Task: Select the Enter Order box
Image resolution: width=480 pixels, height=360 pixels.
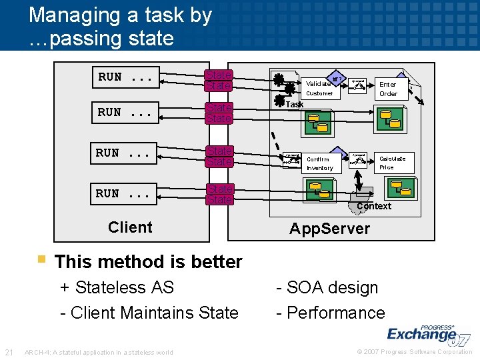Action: (388, 89)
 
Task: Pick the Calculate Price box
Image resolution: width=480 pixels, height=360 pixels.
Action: (391, 163)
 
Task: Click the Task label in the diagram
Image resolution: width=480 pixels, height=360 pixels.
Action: (294, 105)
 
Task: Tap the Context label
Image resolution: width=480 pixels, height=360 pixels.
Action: (374, 206)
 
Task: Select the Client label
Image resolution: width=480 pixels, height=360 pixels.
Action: (130, 227)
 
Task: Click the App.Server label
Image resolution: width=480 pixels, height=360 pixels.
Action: (329, 229)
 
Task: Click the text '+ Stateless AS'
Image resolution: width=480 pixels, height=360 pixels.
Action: (117, 287)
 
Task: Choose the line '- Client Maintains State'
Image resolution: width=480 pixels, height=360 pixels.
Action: (149, 313)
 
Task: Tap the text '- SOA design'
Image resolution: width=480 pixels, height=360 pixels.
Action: (327, 287)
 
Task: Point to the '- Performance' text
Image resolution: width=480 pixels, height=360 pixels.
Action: (331, 313)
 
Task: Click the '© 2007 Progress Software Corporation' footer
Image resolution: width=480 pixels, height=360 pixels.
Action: (415, 352)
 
